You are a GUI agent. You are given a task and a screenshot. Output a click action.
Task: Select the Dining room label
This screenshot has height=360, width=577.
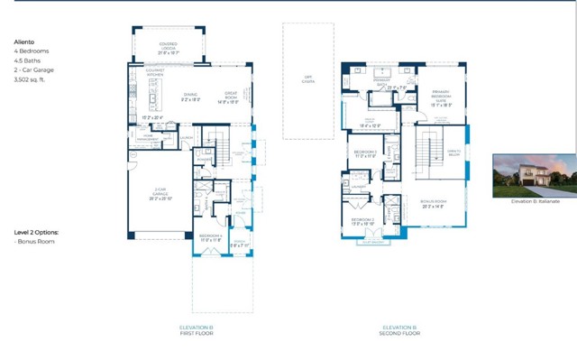(x=190, y=97)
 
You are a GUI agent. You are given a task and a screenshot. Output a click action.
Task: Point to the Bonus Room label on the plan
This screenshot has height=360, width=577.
(x=435, y=203)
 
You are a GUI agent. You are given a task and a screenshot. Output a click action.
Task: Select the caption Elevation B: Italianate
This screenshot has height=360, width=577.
(x=535, y=201)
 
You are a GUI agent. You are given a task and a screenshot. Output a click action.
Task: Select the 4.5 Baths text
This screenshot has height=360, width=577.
(x=29, y=60)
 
